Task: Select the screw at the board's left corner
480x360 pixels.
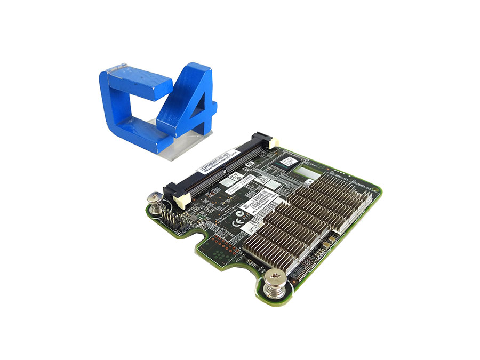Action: point(155,201)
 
